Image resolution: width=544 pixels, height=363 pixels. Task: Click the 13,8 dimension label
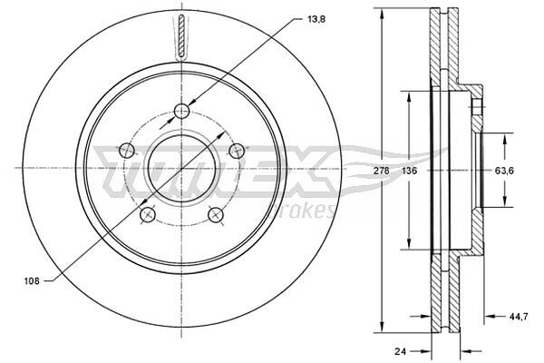point(316,19)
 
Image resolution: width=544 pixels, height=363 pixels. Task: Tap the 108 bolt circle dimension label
point(32,281)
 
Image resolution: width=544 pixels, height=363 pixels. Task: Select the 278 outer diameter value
point(383,171)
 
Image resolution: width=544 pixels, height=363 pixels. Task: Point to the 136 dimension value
point(410,171)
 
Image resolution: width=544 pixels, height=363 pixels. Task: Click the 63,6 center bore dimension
point(504,171)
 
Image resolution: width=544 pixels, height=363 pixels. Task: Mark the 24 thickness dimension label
point(400,351)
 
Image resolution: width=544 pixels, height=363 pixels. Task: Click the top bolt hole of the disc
point(181,111)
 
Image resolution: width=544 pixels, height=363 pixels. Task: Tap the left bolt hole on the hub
point(127,151)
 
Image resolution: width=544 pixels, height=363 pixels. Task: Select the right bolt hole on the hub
point(237,151)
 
